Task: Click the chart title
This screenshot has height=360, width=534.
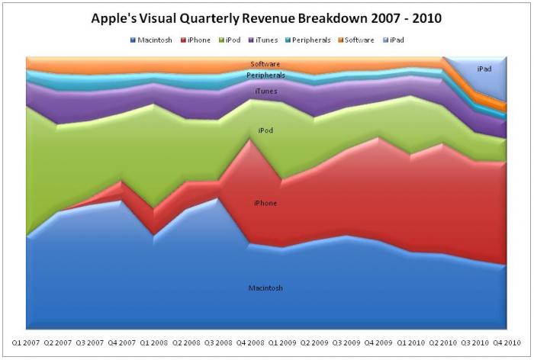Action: point(266,18)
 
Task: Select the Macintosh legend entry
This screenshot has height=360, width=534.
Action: point(151,40)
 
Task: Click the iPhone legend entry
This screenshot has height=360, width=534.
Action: point(195,40)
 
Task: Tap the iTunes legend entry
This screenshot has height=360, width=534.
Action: point(263,40)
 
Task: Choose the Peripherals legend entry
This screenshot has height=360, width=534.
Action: point(308,40)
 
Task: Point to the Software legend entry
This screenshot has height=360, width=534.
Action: point(356,40)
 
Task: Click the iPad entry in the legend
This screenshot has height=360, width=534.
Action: point(394,40)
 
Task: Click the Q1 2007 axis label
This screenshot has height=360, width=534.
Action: point(26,342)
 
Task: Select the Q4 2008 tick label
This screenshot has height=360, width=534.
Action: point(250,342)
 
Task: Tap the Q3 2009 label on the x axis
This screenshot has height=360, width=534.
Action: point(346,342)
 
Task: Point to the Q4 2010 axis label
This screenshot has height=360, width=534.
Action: point(507,342)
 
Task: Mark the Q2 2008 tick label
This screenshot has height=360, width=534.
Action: point(186,342)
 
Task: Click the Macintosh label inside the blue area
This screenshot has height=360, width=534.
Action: point(265,288)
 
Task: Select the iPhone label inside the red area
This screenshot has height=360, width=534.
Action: point(265,204)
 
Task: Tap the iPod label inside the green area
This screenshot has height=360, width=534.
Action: point(265,130)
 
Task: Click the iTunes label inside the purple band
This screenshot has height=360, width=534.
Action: point(266,92)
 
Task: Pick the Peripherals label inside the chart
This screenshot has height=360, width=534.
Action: point(266,76)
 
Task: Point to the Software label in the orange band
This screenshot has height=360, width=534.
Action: point(265,64)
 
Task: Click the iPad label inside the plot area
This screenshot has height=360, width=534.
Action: point(484,69)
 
